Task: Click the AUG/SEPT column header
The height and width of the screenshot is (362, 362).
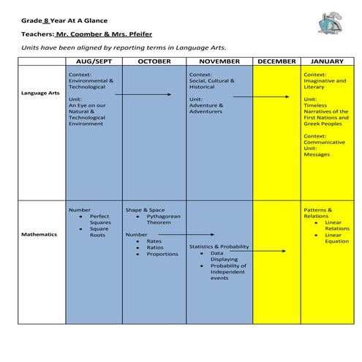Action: [94, 61]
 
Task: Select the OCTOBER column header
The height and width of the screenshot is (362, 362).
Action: [154, 61]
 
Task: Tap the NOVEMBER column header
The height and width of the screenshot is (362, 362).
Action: [219, 61]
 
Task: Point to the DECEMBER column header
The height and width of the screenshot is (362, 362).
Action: [276, 61]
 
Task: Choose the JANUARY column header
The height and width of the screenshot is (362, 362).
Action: [327, 61]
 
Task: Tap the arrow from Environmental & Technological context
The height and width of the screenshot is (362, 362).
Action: [143, 94]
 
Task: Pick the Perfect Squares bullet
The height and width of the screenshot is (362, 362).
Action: [100, 219]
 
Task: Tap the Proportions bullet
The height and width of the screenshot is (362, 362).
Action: [162, 254]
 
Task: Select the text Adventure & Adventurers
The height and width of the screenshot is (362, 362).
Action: [205, 108]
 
